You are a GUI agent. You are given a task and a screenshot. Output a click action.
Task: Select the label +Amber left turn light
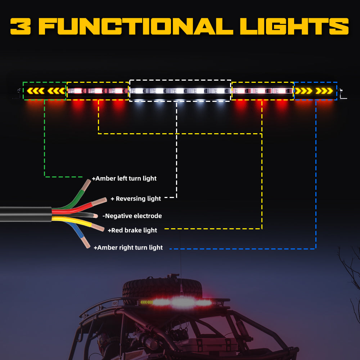124,178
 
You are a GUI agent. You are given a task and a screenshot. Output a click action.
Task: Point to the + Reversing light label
136,198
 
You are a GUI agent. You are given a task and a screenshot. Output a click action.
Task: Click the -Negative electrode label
132,216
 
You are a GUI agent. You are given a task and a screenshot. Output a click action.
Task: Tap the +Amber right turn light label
128,247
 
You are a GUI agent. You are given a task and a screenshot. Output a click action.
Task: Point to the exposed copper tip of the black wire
95,216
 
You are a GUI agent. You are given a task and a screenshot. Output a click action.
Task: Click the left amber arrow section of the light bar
45,91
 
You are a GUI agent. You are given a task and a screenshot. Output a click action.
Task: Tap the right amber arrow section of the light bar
316,91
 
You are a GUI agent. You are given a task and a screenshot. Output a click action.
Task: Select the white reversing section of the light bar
180,91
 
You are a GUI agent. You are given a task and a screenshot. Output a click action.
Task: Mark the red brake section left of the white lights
98,91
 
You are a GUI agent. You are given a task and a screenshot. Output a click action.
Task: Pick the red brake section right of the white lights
262,91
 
